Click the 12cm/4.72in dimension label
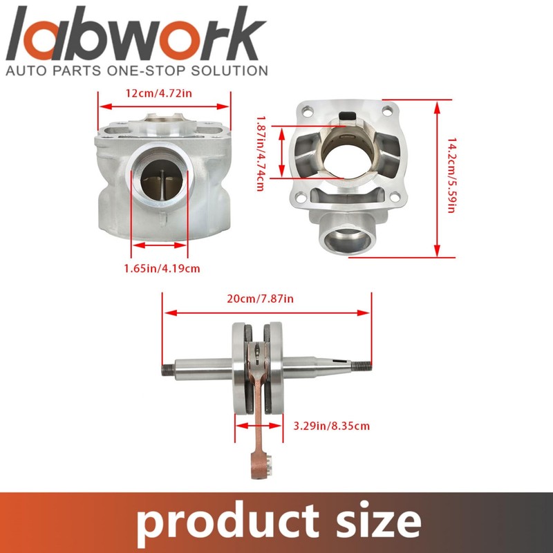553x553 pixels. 159,93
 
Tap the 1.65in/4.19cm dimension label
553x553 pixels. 162,269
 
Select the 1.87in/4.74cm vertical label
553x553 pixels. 261,153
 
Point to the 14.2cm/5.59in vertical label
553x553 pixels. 451,176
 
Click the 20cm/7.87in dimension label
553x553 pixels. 261,299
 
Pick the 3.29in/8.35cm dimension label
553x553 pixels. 332,426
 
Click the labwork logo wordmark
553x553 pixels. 135,33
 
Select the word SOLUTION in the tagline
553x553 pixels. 229,71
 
